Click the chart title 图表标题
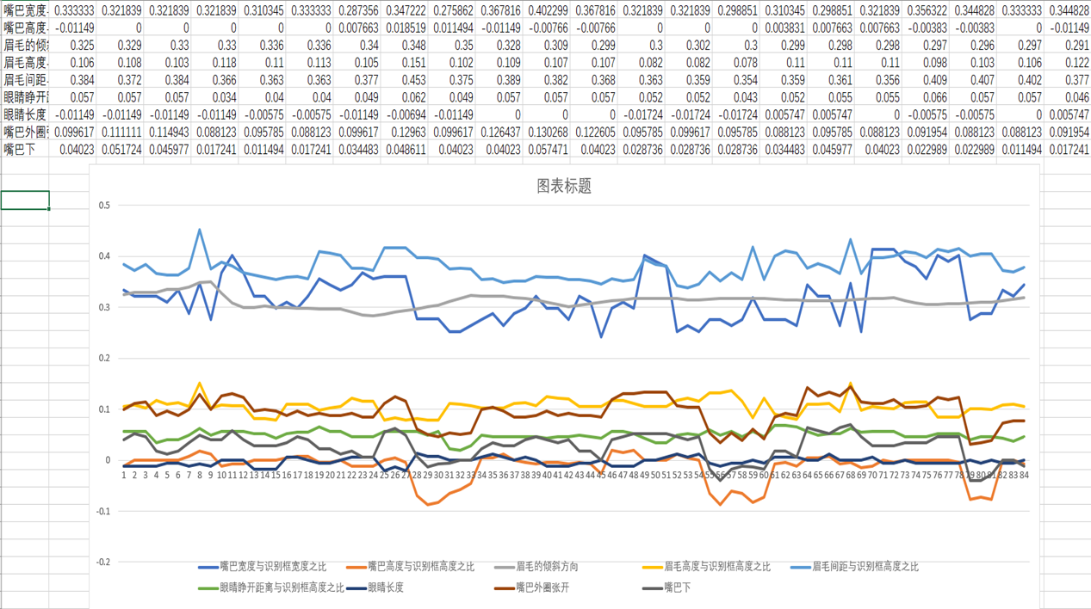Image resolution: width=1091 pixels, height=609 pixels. [x=564, y=187]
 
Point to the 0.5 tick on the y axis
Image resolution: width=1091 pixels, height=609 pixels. [x=104, y=206]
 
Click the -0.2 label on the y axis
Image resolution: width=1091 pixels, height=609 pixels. [x=102, y=562]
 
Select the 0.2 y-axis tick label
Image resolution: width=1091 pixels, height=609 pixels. [x=104, y=359]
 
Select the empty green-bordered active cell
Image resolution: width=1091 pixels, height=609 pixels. [x=25, y=200]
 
